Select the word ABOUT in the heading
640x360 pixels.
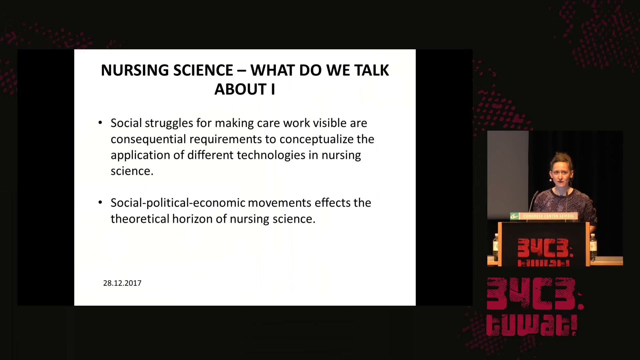240,89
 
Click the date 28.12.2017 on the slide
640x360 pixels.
122,283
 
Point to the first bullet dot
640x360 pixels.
100,123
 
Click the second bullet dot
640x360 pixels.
100,202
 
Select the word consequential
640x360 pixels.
148,139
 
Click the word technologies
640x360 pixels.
271,155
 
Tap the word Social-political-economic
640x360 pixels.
178,203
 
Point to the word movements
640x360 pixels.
280,203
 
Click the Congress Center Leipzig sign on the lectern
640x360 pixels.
544,216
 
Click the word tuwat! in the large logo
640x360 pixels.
532,325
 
